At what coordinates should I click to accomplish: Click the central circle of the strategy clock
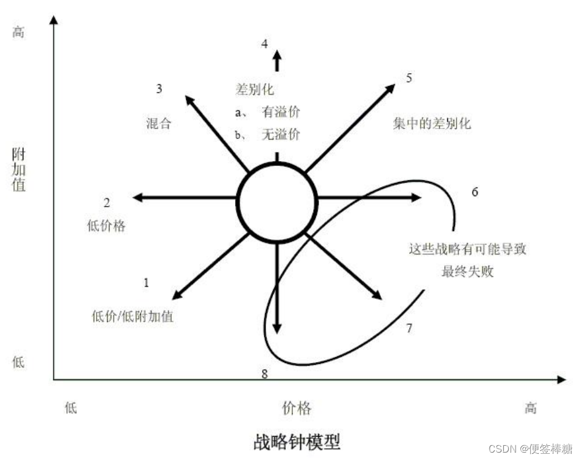(x=277, y=201)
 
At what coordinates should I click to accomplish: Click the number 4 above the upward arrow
(x=265, y=44)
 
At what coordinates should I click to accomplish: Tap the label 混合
(x=158, y=124)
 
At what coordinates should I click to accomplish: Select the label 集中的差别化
(x=432, y=124)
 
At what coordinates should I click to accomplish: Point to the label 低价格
(x=106, y=226)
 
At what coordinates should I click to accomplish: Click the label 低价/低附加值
(x=132, y=317)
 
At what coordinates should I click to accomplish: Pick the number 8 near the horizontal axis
(x=265, y=373)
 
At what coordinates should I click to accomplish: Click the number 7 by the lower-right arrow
(x=409, y=328)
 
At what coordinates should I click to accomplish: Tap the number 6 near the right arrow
(x=475, y=192)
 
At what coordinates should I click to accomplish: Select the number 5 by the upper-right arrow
(x=409, y=78)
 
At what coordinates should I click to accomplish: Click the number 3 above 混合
(x=159, y=89)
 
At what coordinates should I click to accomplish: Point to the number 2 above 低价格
(x=106, y=203)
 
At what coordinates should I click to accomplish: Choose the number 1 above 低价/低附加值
(x=146, y=283)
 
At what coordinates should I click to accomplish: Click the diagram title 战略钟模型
(x=297, y=442)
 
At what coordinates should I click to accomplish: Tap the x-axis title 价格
(x=297, y=408)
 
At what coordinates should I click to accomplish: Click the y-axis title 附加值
(x=19, y=169)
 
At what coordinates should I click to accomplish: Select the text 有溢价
(x=281, y=112)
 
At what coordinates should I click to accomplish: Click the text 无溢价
(x=281, y=134)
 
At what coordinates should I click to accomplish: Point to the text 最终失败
(x=468, y=272)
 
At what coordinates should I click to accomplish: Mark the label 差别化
(x=255, y=89)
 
